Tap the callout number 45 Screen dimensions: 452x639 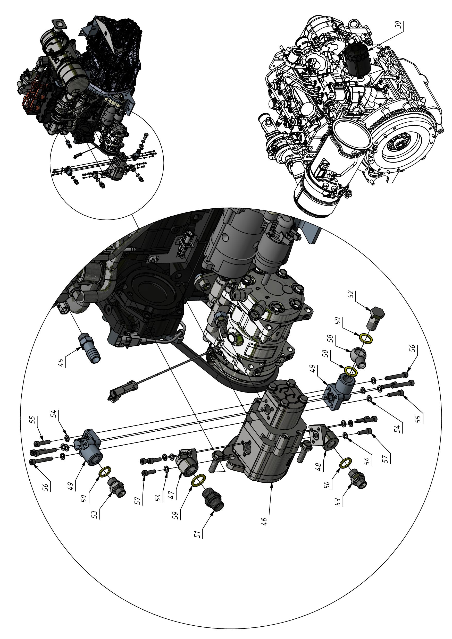[62, 362]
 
